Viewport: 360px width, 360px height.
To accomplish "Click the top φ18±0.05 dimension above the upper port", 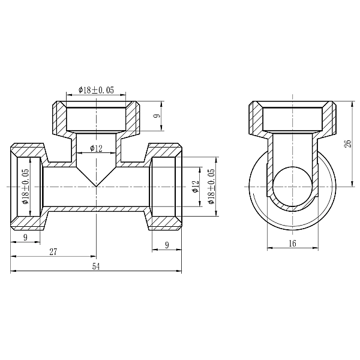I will click(96, 89).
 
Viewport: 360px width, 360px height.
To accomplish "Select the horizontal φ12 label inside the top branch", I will click(96, 148).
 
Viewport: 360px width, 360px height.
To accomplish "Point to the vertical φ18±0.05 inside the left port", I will click(26, 186).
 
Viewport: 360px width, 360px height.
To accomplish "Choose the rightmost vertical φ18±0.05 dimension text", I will click(211, 186).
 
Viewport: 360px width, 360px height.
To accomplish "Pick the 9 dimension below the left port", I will click(25, 238).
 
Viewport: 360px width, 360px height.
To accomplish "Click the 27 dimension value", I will click(53, 252).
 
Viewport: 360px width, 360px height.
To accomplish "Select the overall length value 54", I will click(96, 266).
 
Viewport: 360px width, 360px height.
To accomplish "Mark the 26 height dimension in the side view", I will click(346, 144).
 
